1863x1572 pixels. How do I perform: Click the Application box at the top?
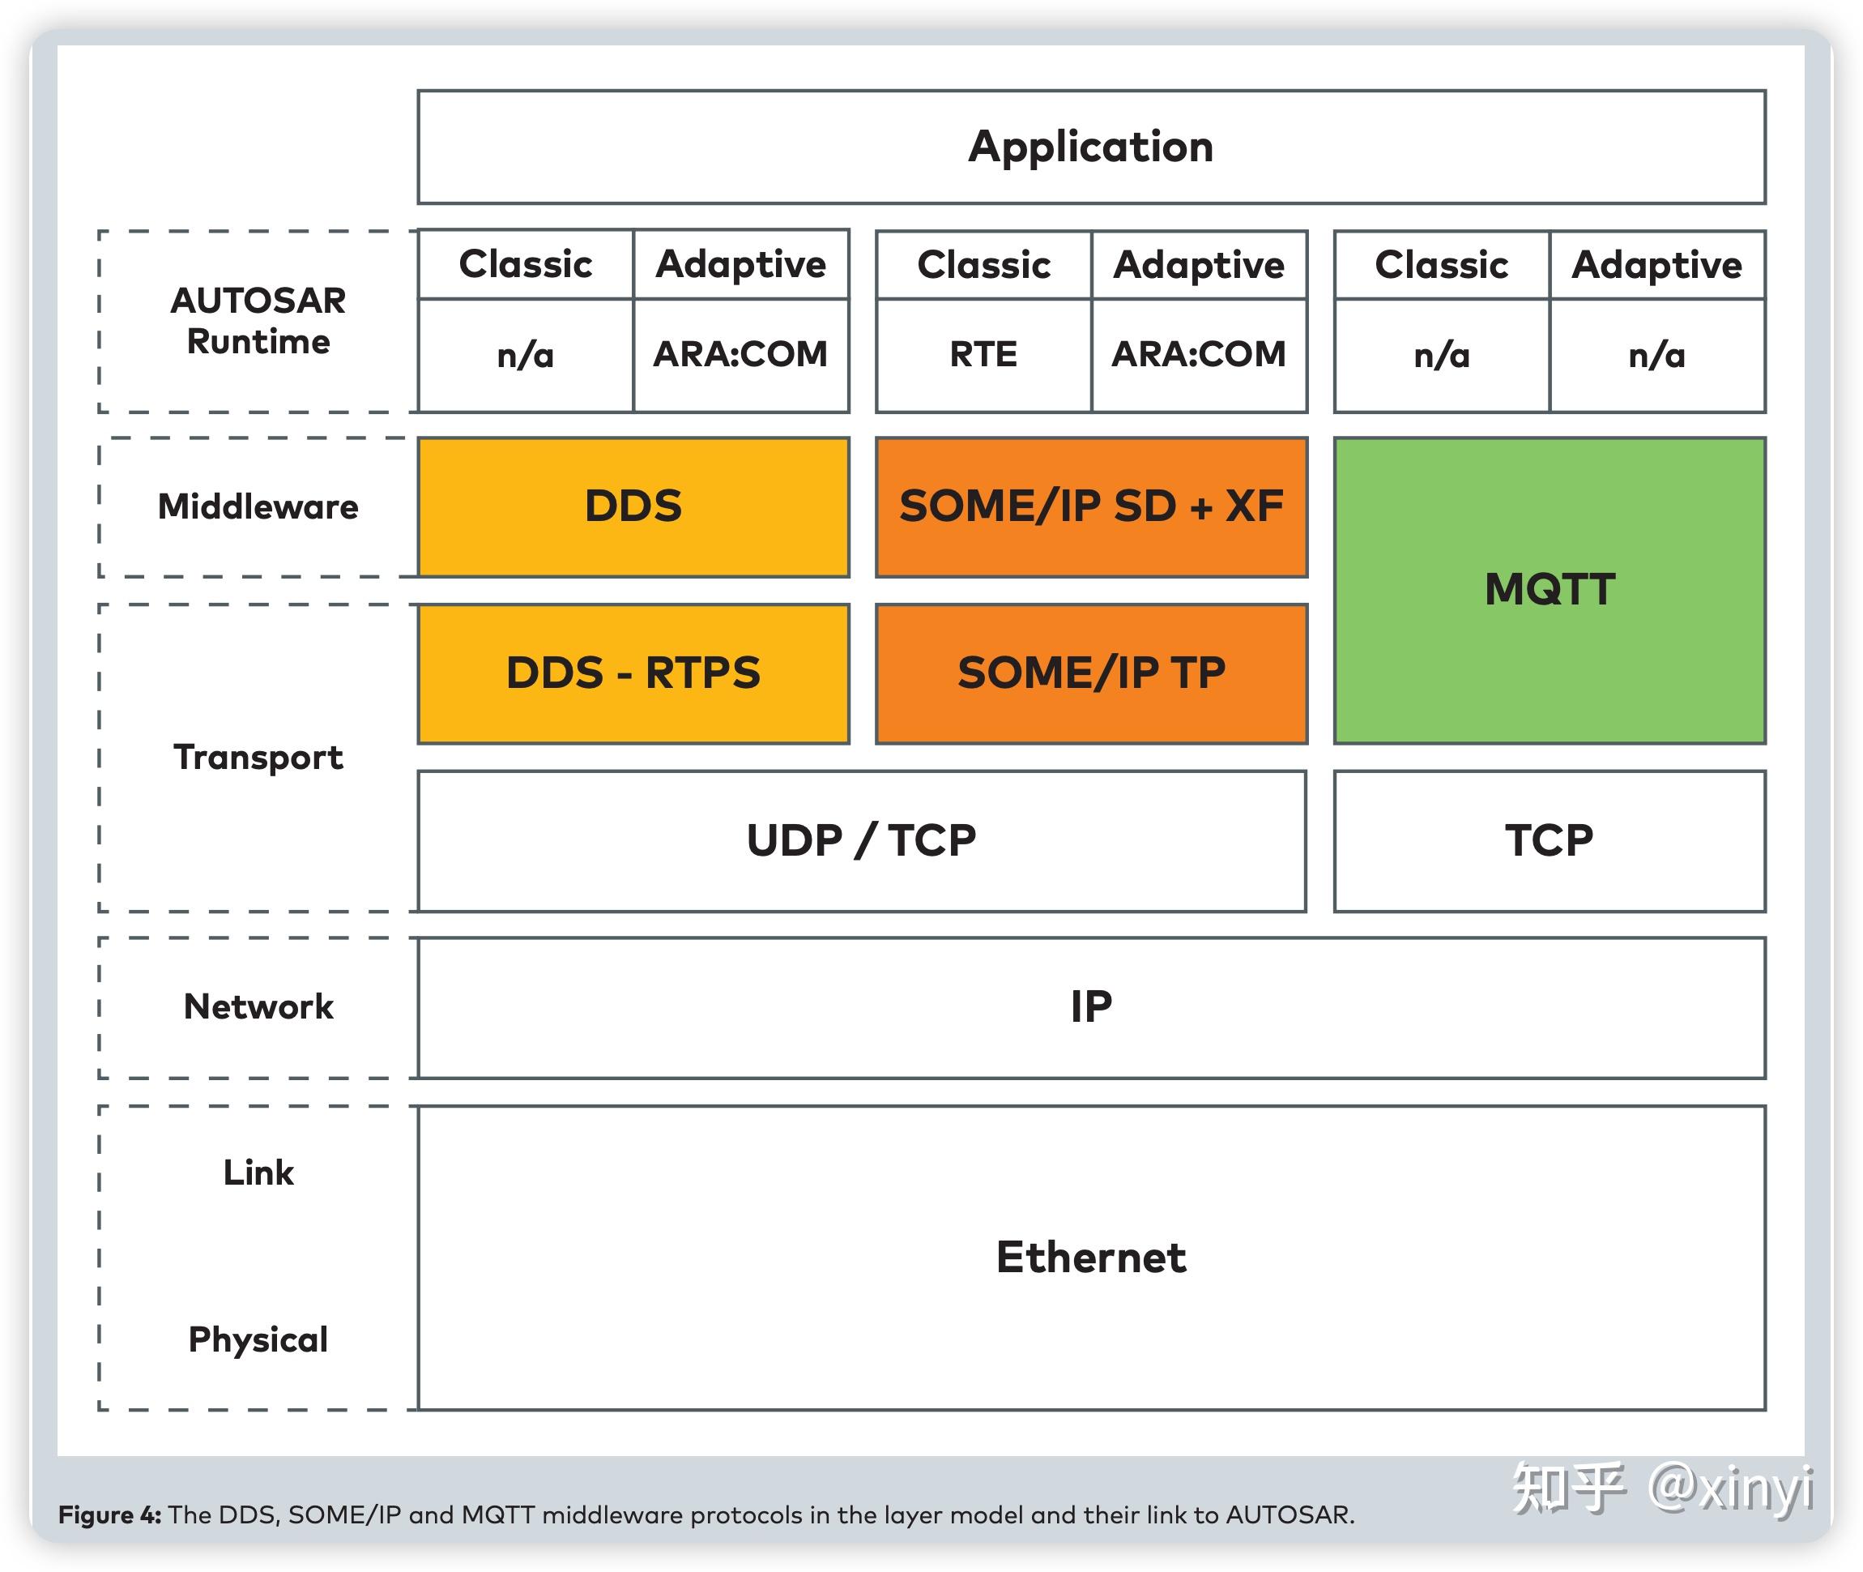coord(1090,147)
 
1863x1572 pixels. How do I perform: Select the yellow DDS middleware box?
coord(633,506)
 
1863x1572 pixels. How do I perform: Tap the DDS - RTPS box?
coord(633,673)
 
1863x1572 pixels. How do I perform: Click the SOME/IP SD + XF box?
coord(1090,506)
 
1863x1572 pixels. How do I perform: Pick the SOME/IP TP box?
coord(1090,673)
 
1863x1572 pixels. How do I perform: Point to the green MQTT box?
coord(1549,589)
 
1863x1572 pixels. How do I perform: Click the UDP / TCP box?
coord(861,840)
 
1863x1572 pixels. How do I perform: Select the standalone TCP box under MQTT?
coord(1549,840)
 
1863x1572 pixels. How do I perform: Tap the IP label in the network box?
coord(1090,1007)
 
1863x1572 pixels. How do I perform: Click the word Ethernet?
coord(1090,1258)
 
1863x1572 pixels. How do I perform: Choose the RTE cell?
coord(983,355)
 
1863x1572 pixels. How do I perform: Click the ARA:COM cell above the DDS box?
coord(740,355)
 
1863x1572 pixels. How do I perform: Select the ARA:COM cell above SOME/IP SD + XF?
coord(1198,355)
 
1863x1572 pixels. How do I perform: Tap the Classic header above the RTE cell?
coord(983,265)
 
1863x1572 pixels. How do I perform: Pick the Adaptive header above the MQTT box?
coord(1656,265)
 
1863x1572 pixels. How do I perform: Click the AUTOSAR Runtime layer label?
coord(258,321)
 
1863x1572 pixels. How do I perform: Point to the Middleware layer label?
coord(258,506)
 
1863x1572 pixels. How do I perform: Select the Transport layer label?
coord(258,758)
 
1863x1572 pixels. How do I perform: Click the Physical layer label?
coord(258,1339)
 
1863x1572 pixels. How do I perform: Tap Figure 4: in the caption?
coord(109,1514)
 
